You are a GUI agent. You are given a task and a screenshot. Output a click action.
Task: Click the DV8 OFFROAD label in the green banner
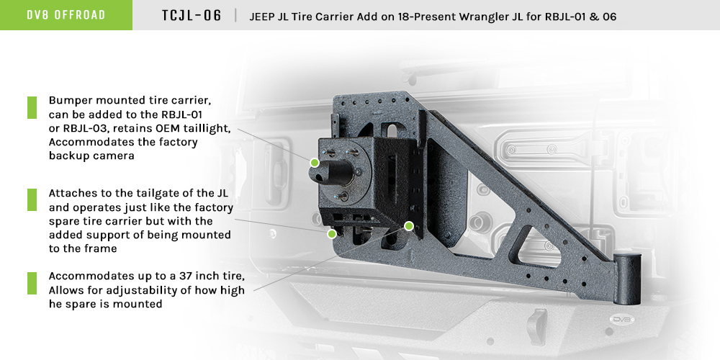click(x=66, y=15)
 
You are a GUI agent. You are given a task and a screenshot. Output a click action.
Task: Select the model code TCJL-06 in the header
click(x=192, y=15)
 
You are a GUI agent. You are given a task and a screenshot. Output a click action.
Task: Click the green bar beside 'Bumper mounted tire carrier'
click(x=32, y=107)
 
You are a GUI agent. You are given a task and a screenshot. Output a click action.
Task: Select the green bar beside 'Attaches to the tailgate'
click(x=32, y=200)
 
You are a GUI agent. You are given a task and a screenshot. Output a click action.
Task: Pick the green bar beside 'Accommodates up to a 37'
click(x=32, y=283)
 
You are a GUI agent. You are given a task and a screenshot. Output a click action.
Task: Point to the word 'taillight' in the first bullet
click(x=204, y=129)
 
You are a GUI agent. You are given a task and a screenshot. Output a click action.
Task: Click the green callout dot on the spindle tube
click(x=315, y=163)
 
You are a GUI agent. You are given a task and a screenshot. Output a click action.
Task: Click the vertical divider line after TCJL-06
click(x=235, y=15)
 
